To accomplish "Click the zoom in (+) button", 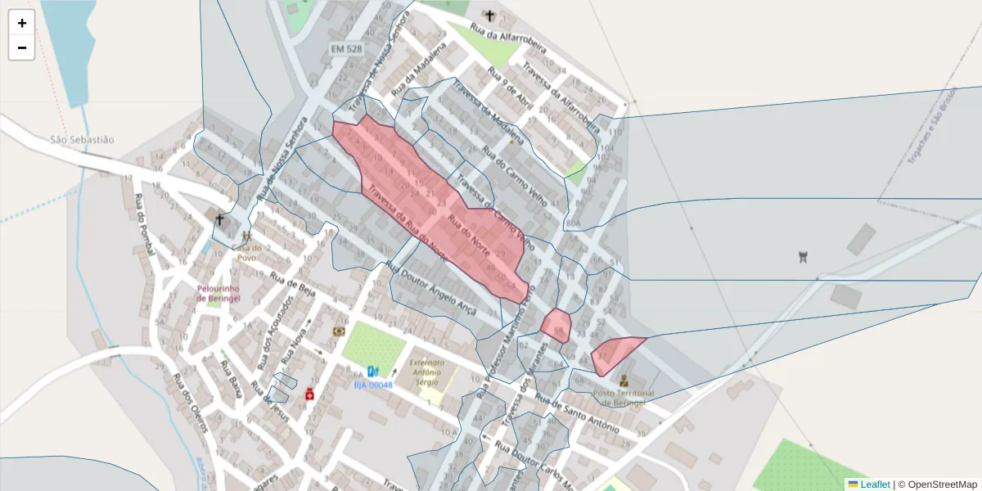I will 22,23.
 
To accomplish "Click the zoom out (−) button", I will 22,47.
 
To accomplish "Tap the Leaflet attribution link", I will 874,484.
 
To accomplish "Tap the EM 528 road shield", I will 346,49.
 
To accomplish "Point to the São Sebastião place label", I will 82,140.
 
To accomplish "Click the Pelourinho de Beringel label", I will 218,294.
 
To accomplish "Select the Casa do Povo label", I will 246,252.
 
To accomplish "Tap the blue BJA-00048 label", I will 373,385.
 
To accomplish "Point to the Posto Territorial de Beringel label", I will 619,397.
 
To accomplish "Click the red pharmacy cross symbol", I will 310,394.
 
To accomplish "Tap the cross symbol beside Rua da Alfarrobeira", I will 489,16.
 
